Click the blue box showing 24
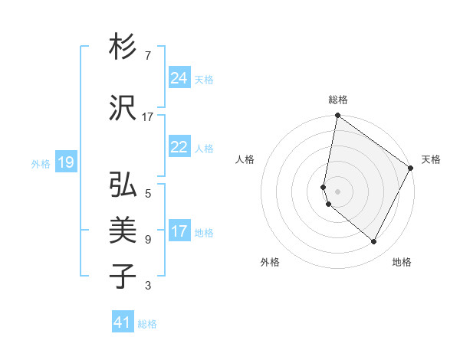(x=179, y=77)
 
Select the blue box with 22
(x=179, y=147)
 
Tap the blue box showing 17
(x=179, y=231)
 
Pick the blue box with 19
(x=65, y=162)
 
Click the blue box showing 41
(x=123, y=322)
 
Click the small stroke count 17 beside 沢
(x=148, y=117)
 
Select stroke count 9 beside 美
(x=147, y=240)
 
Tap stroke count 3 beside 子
(x=147, y=286)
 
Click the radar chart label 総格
(x=338, y=100)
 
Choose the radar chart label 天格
(x=431, y=159)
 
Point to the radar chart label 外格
(x=270, y=262)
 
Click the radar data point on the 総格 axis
(x=337, y=116)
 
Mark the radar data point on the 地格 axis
(x=374, y=242)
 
